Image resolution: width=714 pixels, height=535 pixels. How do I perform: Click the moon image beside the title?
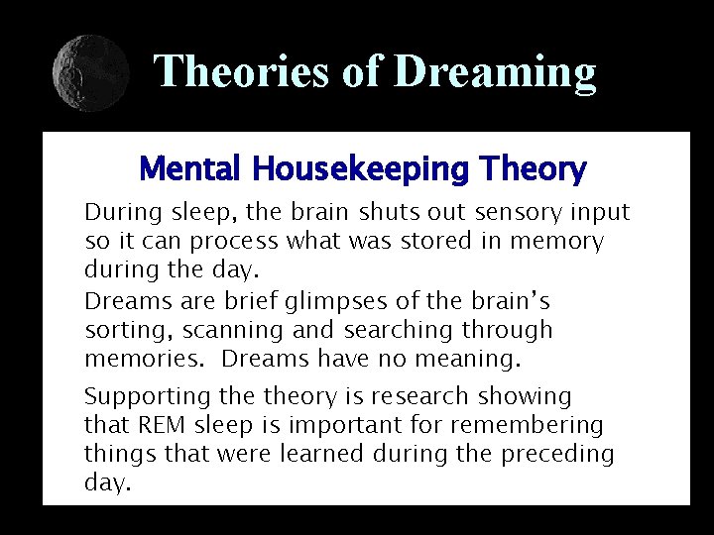pos(90,72)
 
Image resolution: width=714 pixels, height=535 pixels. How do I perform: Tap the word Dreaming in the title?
pos(495,71)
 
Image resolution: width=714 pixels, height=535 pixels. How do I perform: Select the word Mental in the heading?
pos(191,170)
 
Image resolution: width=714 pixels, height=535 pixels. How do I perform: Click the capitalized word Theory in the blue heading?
pos(533,170)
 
